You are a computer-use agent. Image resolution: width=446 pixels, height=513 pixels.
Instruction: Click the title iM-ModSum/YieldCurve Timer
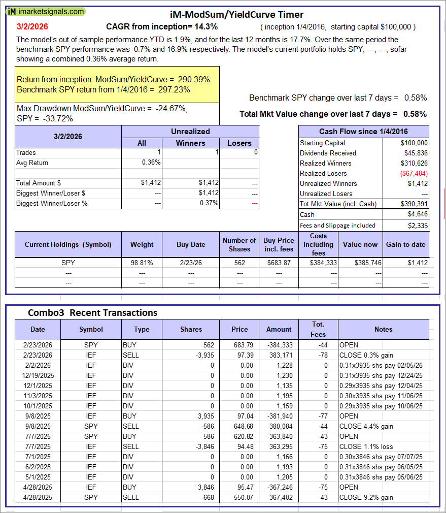point(236,15)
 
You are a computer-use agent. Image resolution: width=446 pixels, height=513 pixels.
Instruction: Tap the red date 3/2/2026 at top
point(32,26)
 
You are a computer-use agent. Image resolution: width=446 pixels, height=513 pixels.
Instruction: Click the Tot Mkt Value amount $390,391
point(414,204)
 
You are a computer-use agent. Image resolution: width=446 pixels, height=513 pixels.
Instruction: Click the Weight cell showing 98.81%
point(142,263)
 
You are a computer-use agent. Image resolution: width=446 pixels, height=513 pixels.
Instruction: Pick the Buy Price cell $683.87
point(279,263)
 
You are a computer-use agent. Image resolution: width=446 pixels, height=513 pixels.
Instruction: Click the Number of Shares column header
point(239,244)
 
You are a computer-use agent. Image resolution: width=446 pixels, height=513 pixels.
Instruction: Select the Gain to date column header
point(405,244)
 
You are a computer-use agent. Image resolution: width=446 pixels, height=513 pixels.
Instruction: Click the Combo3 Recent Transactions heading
point(92,312)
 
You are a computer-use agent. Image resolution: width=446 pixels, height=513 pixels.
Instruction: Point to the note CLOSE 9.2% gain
point(366,497)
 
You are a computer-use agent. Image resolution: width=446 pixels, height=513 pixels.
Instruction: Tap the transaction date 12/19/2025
point(38,375)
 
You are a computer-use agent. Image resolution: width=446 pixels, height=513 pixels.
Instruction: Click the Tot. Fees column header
point(318,329)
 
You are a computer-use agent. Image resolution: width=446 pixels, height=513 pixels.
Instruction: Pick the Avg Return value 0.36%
point(151,163)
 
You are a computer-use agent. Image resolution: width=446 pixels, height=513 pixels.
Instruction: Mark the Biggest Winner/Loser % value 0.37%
point(208,203)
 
